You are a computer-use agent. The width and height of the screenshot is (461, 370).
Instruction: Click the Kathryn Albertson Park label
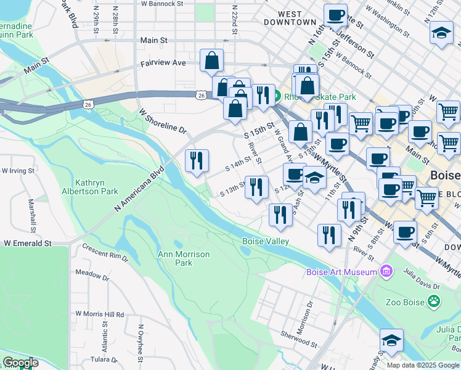(x=96, y=187)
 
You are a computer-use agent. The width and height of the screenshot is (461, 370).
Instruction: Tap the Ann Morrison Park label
(x=184, y=258)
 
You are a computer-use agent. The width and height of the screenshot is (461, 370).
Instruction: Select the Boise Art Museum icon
(x=386, y=271)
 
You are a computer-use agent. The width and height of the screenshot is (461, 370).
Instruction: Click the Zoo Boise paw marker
(x=435, y=302)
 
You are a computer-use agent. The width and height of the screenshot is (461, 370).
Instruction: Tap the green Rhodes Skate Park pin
(x=278, y=97)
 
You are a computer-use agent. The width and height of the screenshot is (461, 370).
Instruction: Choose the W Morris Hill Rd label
(x=99, y=314)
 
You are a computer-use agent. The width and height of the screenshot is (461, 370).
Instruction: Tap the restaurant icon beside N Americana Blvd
(x=197, y=161)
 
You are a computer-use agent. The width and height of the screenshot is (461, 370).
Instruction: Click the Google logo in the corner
(x=20, y=363)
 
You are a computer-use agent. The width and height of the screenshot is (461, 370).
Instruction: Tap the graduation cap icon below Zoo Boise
(x=391, y=340)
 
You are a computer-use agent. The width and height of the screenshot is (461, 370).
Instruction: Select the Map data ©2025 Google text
(x=423, y=365)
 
